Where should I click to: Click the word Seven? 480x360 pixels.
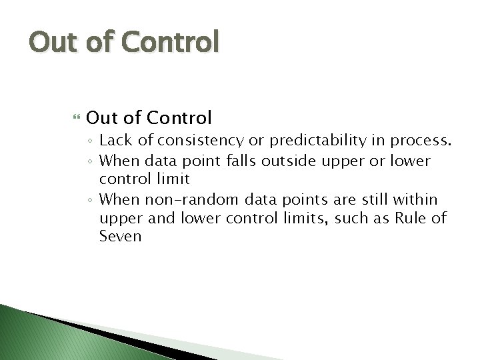pos(120,237)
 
